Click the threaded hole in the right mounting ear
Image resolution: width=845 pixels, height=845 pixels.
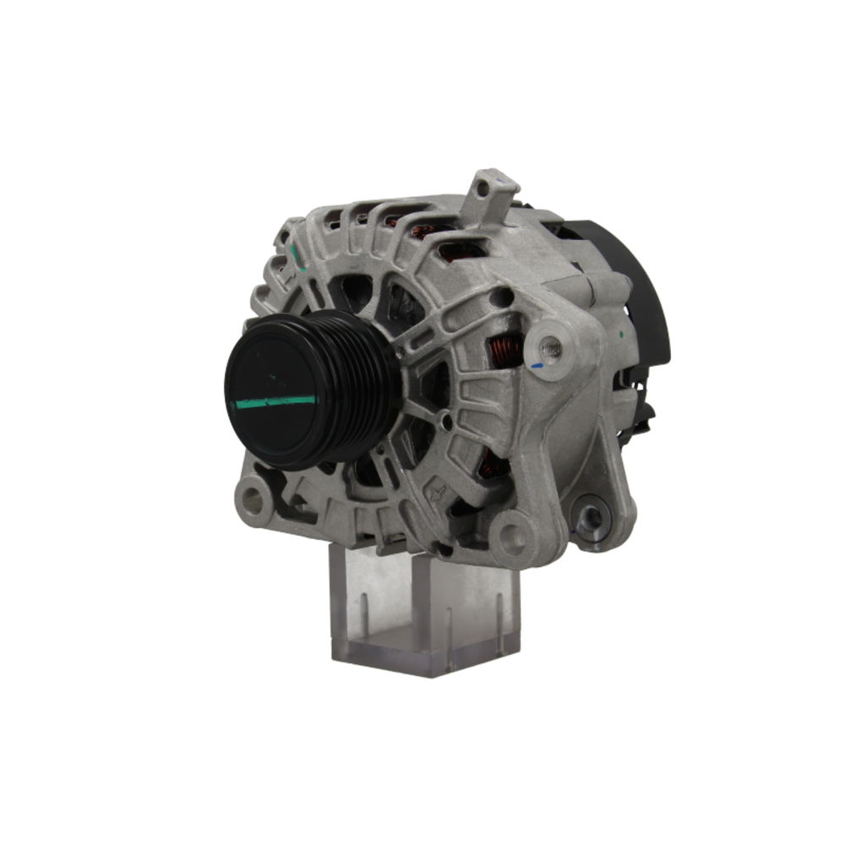551,346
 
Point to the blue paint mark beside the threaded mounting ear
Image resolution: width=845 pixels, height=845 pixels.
537,367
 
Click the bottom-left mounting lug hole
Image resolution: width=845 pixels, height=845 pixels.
252,501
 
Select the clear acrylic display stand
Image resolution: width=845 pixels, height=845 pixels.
422,608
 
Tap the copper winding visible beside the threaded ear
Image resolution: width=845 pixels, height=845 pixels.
504,349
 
